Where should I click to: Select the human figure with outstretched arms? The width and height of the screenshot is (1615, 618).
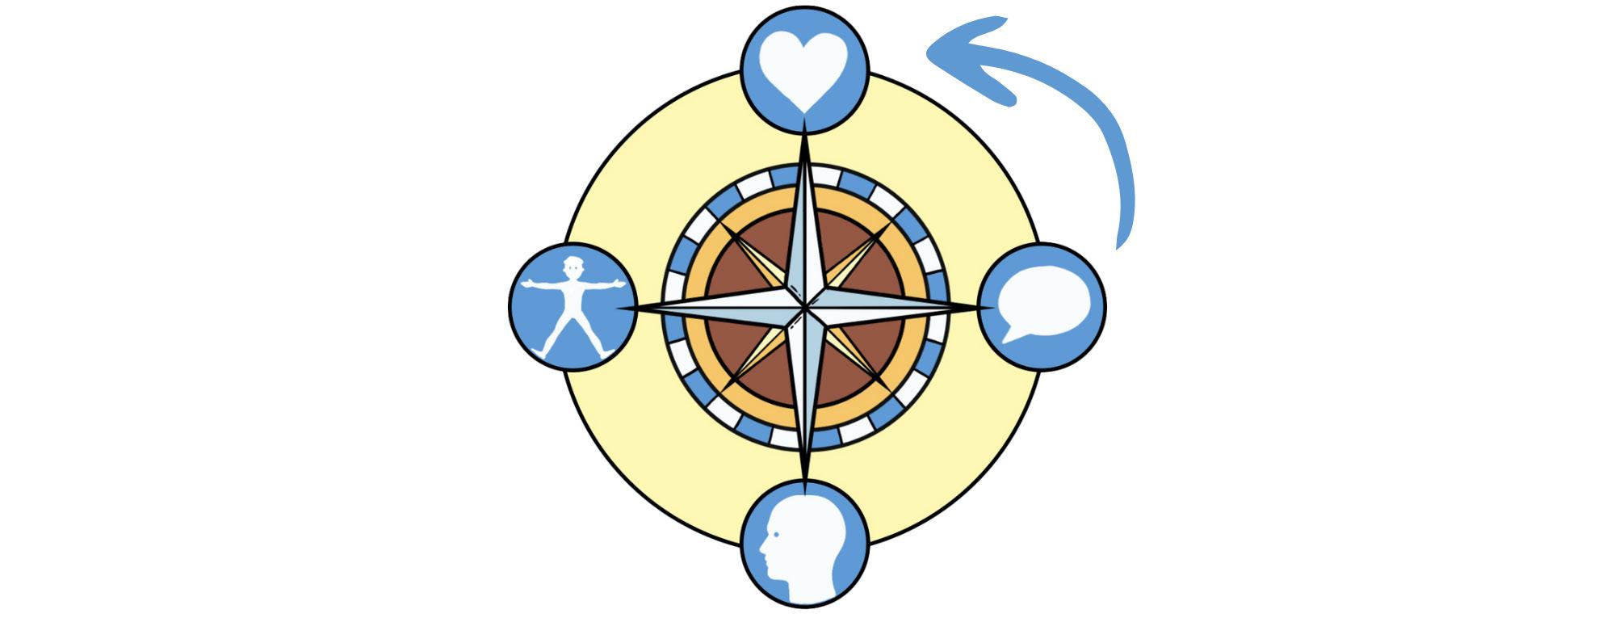[x=573, y=307]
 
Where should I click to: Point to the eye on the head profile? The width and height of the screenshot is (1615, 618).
[x=777, y=534]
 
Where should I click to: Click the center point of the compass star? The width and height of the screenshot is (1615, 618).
[x=805, y=308]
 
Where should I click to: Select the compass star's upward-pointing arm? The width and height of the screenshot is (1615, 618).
[x=805, y=218]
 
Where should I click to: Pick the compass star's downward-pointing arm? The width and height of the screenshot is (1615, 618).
[x=805, y=396]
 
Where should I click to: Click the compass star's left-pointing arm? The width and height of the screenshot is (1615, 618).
[x=711, y=308]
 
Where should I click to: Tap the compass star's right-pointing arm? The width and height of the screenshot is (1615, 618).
[x=896, y=308]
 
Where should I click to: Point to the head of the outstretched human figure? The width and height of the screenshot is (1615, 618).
[x=573, y=266]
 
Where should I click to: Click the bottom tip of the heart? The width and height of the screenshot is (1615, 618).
[x=805, y=111]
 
